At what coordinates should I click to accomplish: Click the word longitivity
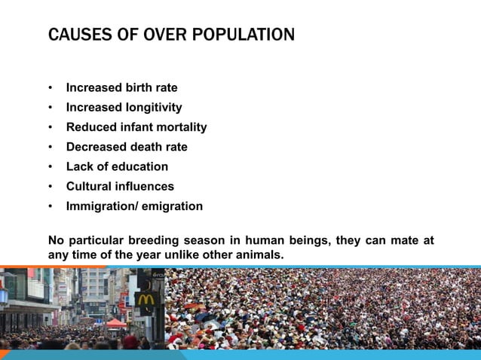[149, 108]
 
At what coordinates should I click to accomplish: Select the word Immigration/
[101, 206]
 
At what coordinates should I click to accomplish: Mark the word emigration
[172, 206]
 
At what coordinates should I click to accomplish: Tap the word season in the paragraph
[203, 241]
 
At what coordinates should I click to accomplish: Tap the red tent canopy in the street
[116, 323]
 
